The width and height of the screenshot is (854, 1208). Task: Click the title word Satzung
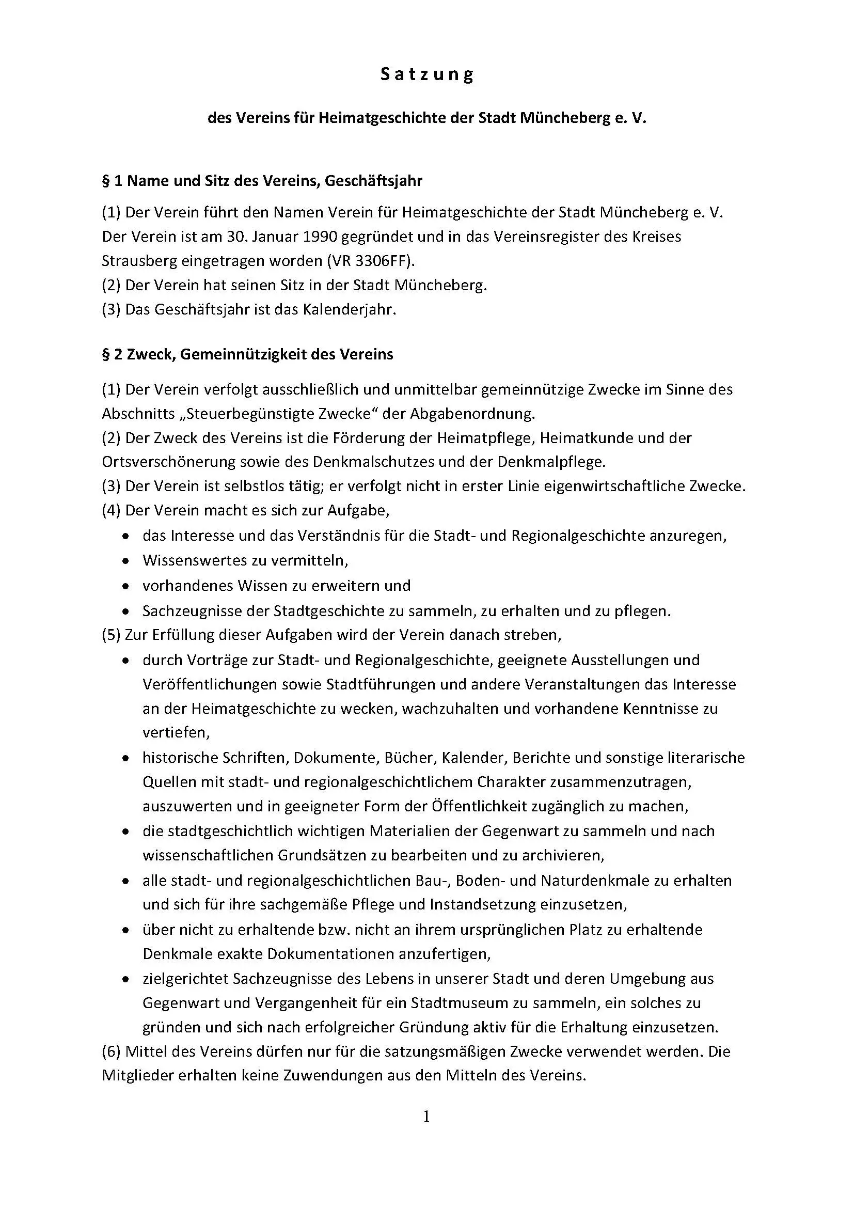(427, 75)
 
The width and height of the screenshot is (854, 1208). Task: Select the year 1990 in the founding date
(319, 237)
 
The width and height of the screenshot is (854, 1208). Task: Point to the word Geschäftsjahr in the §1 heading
(373, 181)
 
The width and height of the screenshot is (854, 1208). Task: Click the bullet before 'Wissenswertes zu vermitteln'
(125, 561)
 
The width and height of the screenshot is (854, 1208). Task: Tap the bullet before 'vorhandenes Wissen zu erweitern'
(125, 586)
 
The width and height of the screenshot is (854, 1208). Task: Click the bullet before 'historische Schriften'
(125, 759)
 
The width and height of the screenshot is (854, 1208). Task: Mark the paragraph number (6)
(112, 1052)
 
